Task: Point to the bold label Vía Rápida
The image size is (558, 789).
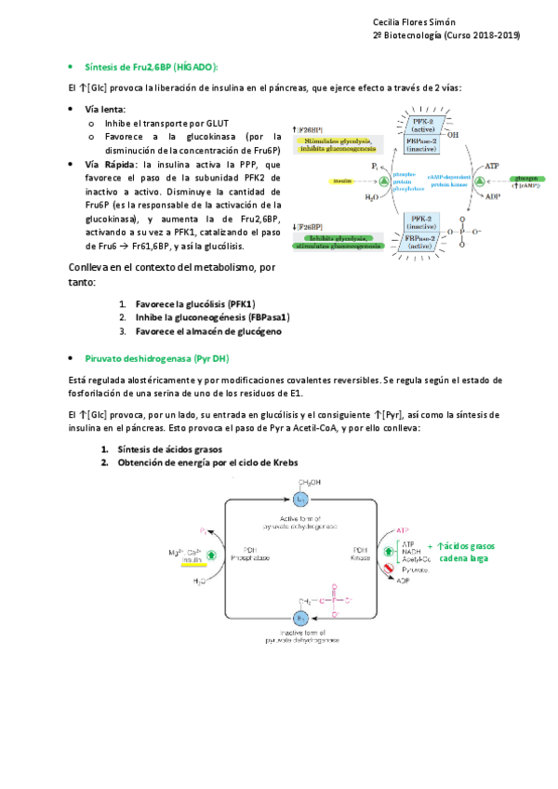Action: [x=111, y=164]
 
